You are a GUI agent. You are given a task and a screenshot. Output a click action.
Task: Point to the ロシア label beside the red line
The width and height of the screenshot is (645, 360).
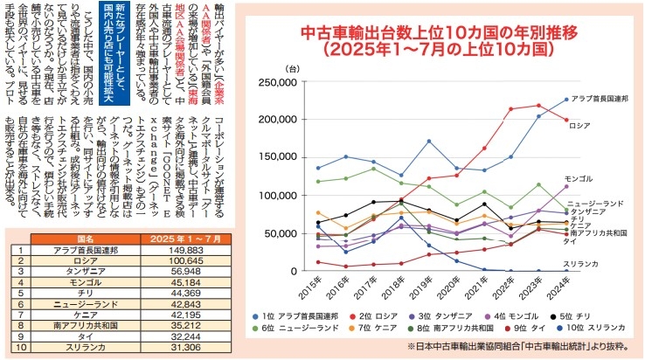583,125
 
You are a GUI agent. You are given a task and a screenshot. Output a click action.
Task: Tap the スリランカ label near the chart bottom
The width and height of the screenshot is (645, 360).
581,263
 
